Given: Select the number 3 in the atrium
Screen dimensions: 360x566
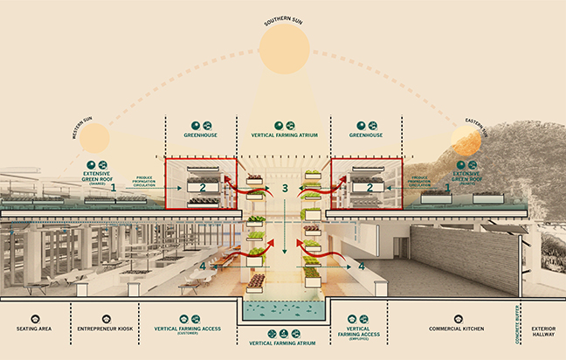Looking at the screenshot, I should (284, 189).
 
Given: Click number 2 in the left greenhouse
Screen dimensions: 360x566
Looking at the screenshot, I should (203, 187).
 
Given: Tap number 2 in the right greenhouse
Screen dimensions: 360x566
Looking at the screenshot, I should (369, 187).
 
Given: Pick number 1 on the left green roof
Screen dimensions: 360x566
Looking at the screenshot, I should (113, 187).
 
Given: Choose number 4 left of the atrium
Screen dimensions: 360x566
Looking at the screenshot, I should (202, 266).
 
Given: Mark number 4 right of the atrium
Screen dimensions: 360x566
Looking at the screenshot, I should (362, 265).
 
